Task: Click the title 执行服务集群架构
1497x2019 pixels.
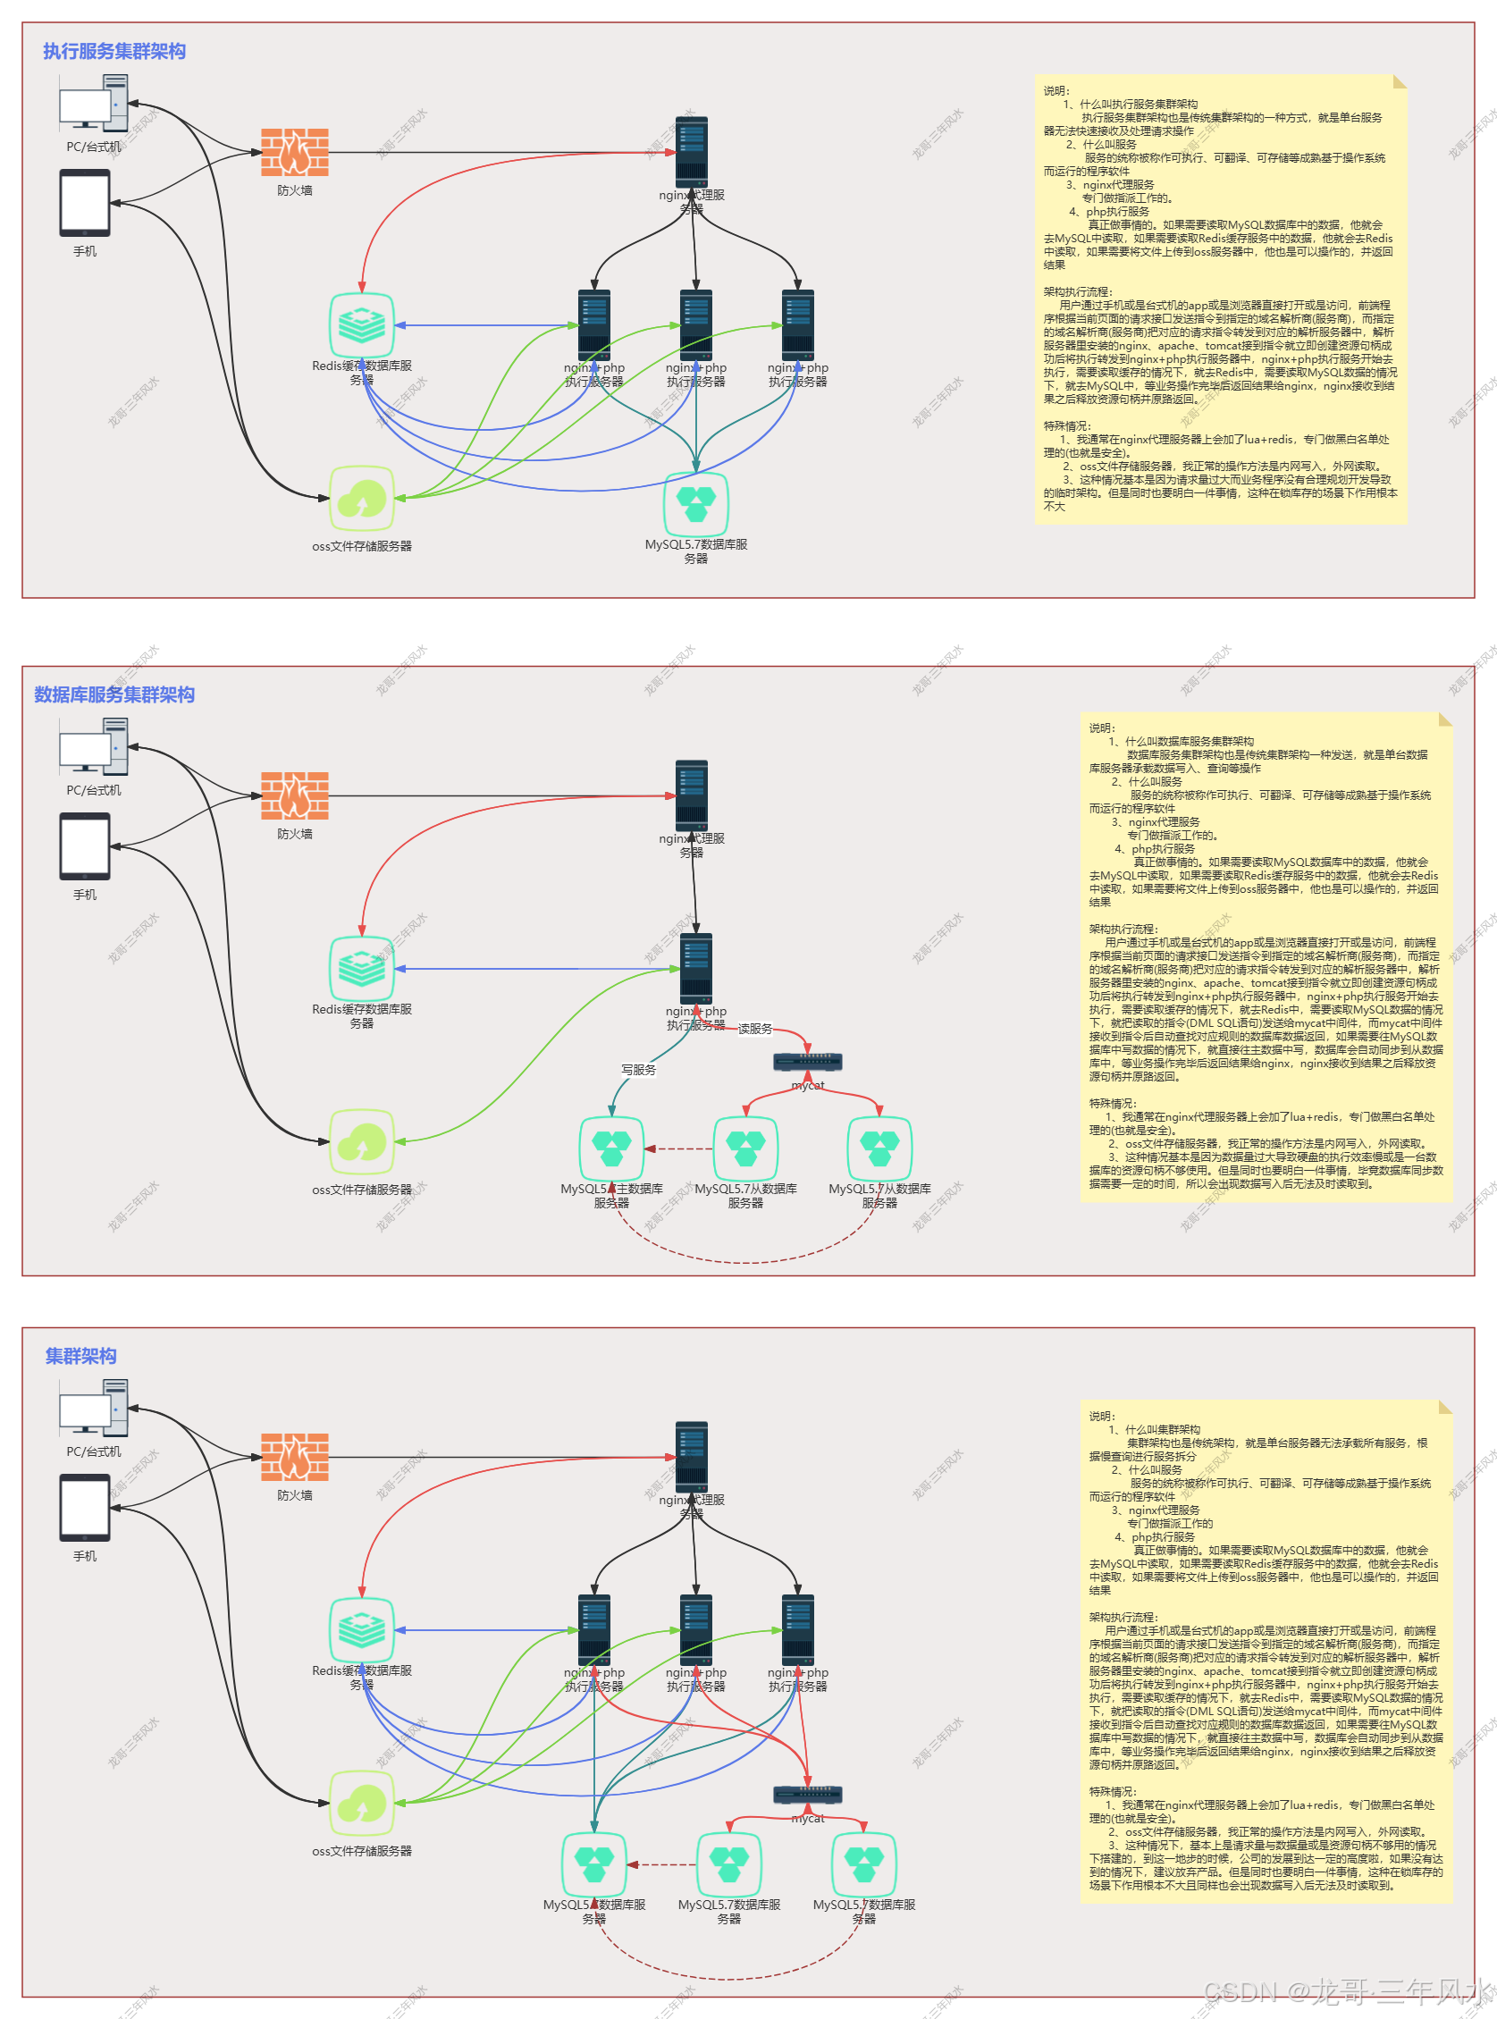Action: (114, 52)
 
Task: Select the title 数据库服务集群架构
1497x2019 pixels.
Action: (114, 695)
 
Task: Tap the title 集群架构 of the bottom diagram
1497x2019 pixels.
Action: (80, 1356)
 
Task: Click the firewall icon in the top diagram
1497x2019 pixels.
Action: (295, 152)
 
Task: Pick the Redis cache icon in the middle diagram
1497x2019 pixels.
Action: (362, 969)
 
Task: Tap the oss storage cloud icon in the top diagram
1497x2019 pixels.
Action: (362, 499)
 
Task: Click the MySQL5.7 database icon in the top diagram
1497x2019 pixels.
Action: (696, 504)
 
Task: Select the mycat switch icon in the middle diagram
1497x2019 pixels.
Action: (807, 1061)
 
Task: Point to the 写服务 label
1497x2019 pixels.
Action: (638, 1070)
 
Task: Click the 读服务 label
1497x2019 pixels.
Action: (755, 1029)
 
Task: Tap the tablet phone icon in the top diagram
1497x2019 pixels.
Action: (85, 203)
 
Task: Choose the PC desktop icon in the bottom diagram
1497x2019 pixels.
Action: (93, 1408)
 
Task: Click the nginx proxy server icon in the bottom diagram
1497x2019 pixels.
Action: (692, 1452)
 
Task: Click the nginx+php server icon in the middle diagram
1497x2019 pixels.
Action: (696, 967)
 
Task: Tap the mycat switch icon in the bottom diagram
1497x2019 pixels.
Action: (807, 1795)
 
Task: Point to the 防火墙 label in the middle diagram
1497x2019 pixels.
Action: (295, 834)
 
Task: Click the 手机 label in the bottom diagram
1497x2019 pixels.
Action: (84, 1556)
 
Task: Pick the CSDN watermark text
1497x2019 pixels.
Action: (1346, 1990)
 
